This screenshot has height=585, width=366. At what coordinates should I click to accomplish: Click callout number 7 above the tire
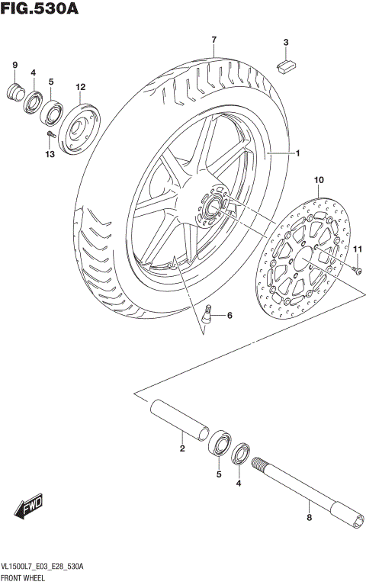click(x=214, y=40)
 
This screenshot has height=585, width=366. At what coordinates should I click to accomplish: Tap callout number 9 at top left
click(x=14, y=65)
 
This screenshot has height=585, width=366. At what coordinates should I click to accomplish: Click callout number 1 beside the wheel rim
click(x=297, y=153)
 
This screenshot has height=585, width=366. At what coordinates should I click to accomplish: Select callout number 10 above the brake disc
click(x=319, y=180)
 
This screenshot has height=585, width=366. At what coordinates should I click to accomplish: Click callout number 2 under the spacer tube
click(x=182, y=448)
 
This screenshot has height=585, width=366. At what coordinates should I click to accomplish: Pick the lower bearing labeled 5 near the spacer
click(x=220, y=444)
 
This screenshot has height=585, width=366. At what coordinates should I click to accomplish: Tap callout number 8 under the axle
click(x=309, y=517)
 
